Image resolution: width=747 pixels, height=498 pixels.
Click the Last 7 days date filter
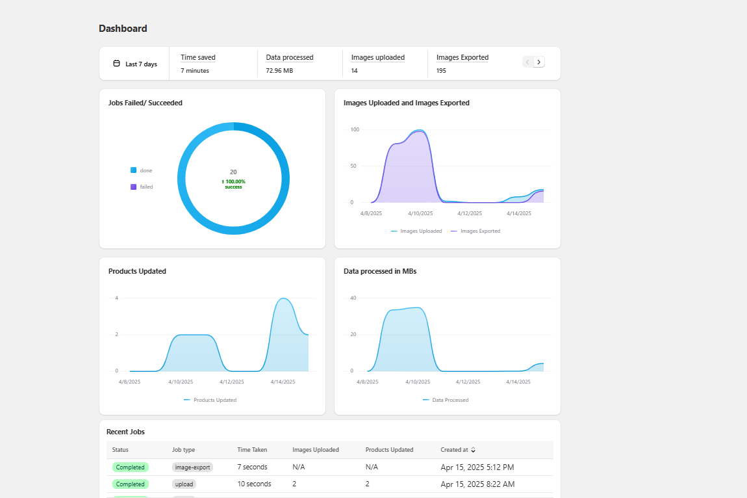[x=135, y=64]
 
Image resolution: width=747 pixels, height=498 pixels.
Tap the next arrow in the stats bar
[x=539, y=62]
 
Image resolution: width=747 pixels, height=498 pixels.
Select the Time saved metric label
[x=198, y=57]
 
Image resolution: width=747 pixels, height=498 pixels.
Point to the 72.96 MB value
[x=279, y=70]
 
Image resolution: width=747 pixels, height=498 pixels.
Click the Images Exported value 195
[x=441, y=70]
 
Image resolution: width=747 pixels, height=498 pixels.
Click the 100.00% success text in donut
[x=233, y=184]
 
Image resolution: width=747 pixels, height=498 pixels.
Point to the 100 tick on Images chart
[x=355, y=129]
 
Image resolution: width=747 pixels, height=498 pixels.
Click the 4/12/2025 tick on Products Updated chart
[x=231, y=382]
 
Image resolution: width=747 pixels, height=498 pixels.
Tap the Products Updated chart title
[x=137, y=271]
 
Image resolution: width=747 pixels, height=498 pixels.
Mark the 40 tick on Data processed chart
[x=353, y=298]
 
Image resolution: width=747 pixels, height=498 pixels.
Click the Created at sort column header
[x=458, y=450]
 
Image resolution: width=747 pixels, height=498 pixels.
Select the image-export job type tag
[x=193, y=467]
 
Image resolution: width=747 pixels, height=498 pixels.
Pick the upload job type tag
[x=184, y=484]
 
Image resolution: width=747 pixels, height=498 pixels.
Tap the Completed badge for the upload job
[x=130, y=484]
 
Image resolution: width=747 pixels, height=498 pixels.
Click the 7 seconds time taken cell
[x=252, y=467]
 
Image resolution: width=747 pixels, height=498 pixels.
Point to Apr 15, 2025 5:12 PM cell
[x=477, y=467]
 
